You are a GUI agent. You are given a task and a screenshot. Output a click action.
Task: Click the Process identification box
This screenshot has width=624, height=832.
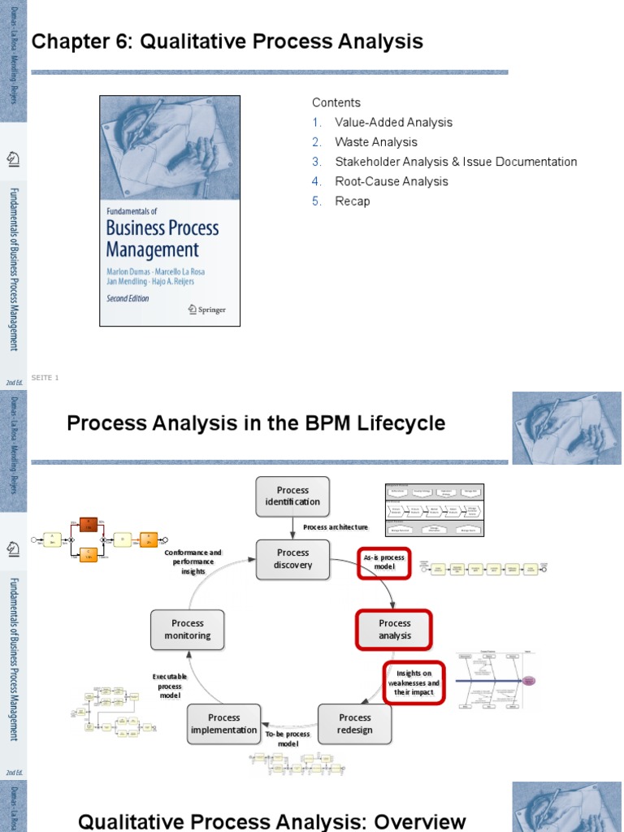coord(292,496)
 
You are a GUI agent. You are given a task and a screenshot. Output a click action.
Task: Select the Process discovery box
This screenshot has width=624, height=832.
coord(292,558)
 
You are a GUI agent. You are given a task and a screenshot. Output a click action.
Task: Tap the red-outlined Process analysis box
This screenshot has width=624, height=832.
coord(395,630)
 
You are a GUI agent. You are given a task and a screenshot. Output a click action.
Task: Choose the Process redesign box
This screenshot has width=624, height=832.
coord(355,723)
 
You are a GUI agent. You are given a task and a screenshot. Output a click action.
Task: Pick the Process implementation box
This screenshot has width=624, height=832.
coord(224,723)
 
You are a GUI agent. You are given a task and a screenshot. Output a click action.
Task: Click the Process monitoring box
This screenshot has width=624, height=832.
coord(188,630)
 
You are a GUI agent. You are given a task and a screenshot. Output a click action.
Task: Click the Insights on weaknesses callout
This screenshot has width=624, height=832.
coord(414,682)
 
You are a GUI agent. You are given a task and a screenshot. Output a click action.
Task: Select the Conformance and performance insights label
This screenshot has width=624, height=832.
coord(193,561)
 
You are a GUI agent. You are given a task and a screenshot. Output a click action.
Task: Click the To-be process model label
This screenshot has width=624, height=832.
coord(288,739)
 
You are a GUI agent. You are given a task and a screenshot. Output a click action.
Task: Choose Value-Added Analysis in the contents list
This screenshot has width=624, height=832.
coord(393,123)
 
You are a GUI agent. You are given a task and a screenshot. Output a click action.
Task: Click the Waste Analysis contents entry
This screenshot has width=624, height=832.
coord(376,142)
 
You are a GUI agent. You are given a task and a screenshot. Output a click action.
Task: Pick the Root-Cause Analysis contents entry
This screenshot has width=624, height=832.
coord(392,181)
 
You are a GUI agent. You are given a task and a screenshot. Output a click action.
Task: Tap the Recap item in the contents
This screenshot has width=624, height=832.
coord(353,201)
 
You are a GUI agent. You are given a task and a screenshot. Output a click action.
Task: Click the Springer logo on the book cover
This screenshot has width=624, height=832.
coord(206,310)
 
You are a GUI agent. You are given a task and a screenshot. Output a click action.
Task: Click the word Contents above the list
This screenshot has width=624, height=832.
coord(336,102)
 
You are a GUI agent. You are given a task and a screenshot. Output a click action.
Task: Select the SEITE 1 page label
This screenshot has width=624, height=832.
coord(45,378)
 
